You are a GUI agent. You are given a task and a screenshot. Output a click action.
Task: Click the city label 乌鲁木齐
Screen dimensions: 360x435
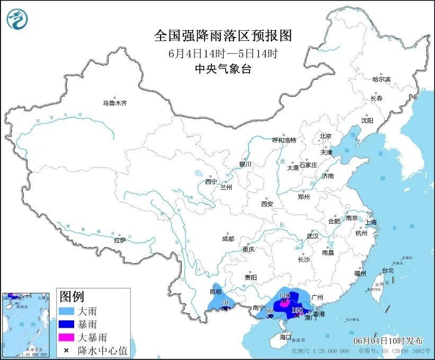tap(115, 103)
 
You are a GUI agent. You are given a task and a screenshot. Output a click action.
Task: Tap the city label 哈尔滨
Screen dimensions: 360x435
tap(381, 79)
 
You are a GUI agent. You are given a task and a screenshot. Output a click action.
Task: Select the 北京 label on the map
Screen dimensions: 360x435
tap(325, 136)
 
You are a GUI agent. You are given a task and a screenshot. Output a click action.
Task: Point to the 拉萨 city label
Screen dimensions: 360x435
tap(120, 240)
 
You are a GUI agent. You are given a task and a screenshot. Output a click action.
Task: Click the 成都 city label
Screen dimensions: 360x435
tap(228, 239)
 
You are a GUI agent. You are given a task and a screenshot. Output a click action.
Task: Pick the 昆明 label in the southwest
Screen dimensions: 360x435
tap(215, 292)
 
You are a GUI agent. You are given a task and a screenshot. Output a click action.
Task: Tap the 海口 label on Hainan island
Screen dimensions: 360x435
tap(286, 337)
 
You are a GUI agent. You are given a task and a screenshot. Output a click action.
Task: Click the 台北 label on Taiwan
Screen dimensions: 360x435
tap(388, 270)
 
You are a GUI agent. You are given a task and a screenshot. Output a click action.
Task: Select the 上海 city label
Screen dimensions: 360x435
tap(370, 222)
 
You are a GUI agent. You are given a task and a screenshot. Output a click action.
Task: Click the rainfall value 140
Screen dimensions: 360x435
tap(285, 295)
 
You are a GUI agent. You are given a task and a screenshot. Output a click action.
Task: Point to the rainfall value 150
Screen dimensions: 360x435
tap(297, 310)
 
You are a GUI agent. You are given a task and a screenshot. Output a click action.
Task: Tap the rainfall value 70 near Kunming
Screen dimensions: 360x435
tap(225, 303)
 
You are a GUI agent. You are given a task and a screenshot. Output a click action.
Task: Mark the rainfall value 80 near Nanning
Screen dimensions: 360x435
tap(269, 311)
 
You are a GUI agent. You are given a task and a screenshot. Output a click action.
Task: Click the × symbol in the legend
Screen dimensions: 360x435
tap(67, 349)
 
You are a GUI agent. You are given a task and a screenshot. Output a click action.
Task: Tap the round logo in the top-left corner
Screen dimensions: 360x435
tap(17, 20)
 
